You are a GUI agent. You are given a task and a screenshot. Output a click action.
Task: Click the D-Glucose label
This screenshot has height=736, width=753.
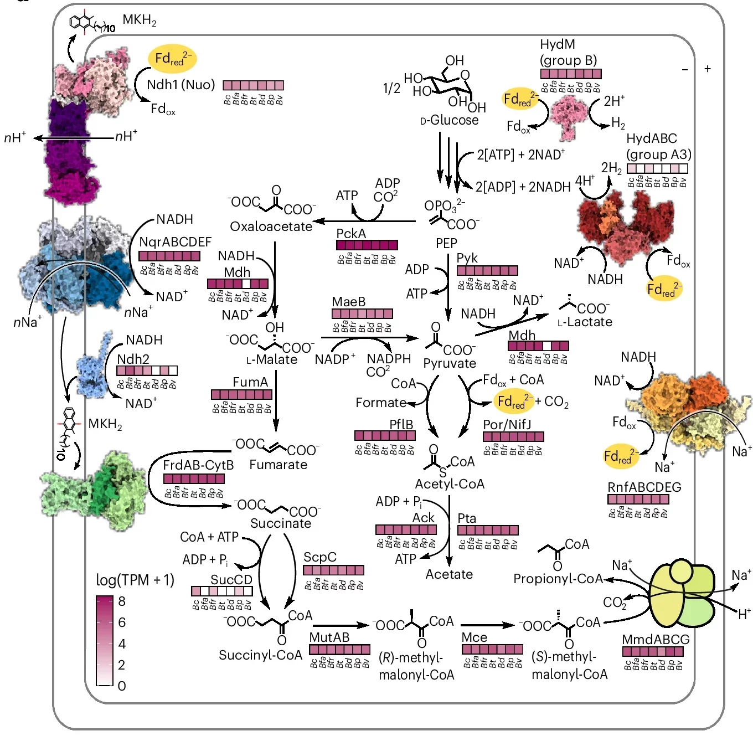tap(450, 120)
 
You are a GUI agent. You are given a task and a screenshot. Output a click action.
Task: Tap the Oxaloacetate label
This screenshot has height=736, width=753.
tap(271, 227)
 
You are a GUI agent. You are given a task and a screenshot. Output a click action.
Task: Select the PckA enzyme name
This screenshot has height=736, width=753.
tap(351, 234)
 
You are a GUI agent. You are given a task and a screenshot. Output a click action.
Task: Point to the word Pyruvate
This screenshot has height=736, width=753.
tap(450, 363)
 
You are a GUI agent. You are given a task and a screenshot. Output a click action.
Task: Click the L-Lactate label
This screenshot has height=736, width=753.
tap(585, 322)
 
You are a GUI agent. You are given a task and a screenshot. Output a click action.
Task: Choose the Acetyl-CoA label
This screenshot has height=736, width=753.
tap(450, 484)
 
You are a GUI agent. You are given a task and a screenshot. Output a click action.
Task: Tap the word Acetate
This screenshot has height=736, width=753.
tap(449, 574)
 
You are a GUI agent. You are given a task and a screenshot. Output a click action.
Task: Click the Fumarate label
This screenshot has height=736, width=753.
tap(278, 465)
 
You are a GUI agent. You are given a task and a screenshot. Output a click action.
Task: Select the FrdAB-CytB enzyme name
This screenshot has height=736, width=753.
tap(198, 465)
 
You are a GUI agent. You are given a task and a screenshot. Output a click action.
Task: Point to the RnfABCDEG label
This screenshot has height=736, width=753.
tap(644, 487)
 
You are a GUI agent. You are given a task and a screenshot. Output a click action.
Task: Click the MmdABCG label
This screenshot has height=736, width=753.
tap(656, 640)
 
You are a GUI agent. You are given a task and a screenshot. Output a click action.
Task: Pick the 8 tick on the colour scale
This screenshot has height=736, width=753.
tap(122, 601)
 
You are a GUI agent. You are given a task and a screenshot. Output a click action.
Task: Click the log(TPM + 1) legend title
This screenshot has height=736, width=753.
tap(135, 580)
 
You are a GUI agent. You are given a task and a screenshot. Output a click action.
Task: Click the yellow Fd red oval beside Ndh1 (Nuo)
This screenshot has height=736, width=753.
tap(172, 59)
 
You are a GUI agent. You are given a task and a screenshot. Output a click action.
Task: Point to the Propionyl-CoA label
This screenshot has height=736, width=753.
tap(558, 579)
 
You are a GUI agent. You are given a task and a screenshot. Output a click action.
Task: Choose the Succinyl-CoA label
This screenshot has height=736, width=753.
tap(260, 655)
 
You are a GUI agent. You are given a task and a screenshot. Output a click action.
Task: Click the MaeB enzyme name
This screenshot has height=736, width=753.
tap(348, 302)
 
